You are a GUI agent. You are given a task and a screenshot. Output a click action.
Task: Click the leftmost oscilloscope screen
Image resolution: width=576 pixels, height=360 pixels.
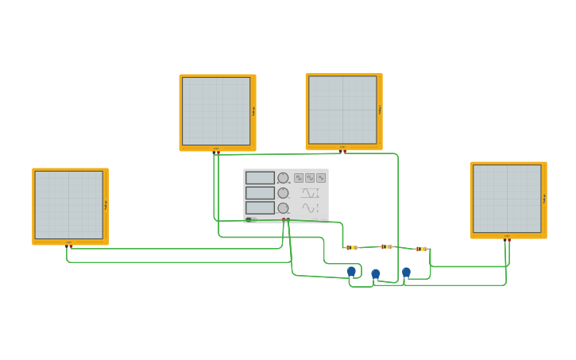click(69, 205)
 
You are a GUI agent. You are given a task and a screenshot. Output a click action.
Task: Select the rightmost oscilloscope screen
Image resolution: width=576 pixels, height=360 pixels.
click(507, 199)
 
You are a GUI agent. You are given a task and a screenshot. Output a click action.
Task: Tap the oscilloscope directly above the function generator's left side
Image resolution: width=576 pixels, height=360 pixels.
click(216, 111)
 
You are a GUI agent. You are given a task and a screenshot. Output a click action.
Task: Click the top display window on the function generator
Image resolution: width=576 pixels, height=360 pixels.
click(260, 178)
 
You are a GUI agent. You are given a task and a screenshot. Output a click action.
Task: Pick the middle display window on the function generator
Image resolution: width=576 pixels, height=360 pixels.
click(260, 193)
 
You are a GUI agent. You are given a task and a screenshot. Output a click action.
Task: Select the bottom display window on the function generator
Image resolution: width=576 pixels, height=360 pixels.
click(260, 207)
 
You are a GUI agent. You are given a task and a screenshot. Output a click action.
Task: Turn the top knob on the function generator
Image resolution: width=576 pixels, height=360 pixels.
click(283, 178)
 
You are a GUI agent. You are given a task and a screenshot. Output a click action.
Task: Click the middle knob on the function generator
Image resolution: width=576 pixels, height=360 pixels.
click(283, 193)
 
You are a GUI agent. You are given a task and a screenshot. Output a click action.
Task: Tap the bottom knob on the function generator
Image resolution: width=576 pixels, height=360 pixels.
click(283, 207)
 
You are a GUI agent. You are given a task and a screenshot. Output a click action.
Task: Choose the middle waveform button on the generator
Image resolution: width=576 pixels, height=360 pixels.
click(310, 178)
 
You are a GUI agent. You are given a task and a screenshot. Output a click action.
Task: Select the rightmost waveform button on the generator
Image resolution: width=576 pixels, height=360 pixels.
click(321, 178)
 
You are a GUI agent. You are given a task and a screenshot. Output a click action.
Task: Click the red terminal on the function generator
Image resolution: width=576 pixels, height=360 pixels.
click(284, 220)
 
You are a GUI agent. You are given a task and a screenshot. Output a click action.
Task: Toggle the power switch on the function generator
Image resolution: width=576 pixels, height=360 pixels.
click(249, 219)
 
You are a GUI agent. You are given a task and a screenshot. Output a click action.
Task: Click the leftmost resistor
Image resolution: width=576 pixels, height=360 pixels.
click(352, 247)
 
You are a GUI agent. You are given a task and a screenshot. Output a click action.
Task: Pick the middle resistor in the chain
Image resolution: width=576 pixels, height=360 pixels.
click(386, 246)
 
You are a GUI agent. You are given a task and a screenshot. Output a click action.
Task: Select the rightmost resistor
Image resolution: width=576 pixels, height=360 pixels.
click(421, 249)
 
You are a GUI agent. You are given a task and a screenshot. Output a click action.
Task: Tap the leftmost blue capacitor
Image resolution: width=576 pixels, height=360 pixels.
click(351, 272)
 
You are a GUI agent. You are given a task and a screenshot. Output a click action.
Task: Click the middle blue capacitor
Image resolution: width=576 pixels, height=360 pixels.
click(376, 274)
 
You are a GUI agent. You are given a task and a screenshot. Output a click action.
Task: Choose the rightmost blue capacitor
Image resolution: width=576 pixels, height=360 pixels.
click(406, 273)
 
